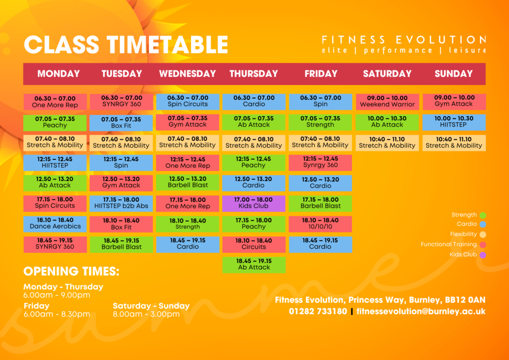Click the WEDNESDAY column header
click(x=187, y=74)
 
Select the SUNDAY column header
click(x=454, y=74)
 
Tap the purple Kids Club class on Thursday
click(x=254, y=203)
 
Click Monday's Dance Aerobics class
click(x=55, y=223)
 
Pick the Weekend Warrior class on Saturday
click(x=387, y=101)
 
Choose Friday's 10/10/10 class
click(x=320, y=224)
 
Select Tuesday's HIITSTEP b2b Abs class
click(x=121, y=203)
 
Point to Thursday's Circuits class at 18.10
click(x=254, y=244)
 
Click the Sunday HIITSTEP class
click(x=454, y=122)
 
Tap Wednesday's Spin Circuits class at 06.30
click(x=188, y=101)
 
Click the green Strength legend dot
click(x=483, y=215)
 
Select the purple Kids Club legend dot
click(x=483, y=255)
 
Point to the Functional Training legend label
click(x=448, y=244)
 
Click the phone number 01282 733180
click(x=318, y=312)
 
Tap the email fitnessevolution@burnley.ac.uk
click(x=421, y=312)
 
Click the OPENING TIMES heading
click(x=71, y=271)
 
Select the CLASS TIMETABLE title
click(x=126, y=45)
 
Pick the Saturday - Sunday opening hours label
click(x=151, y=306)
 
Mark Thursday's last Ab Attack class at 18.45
click(x=254, y=264)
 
